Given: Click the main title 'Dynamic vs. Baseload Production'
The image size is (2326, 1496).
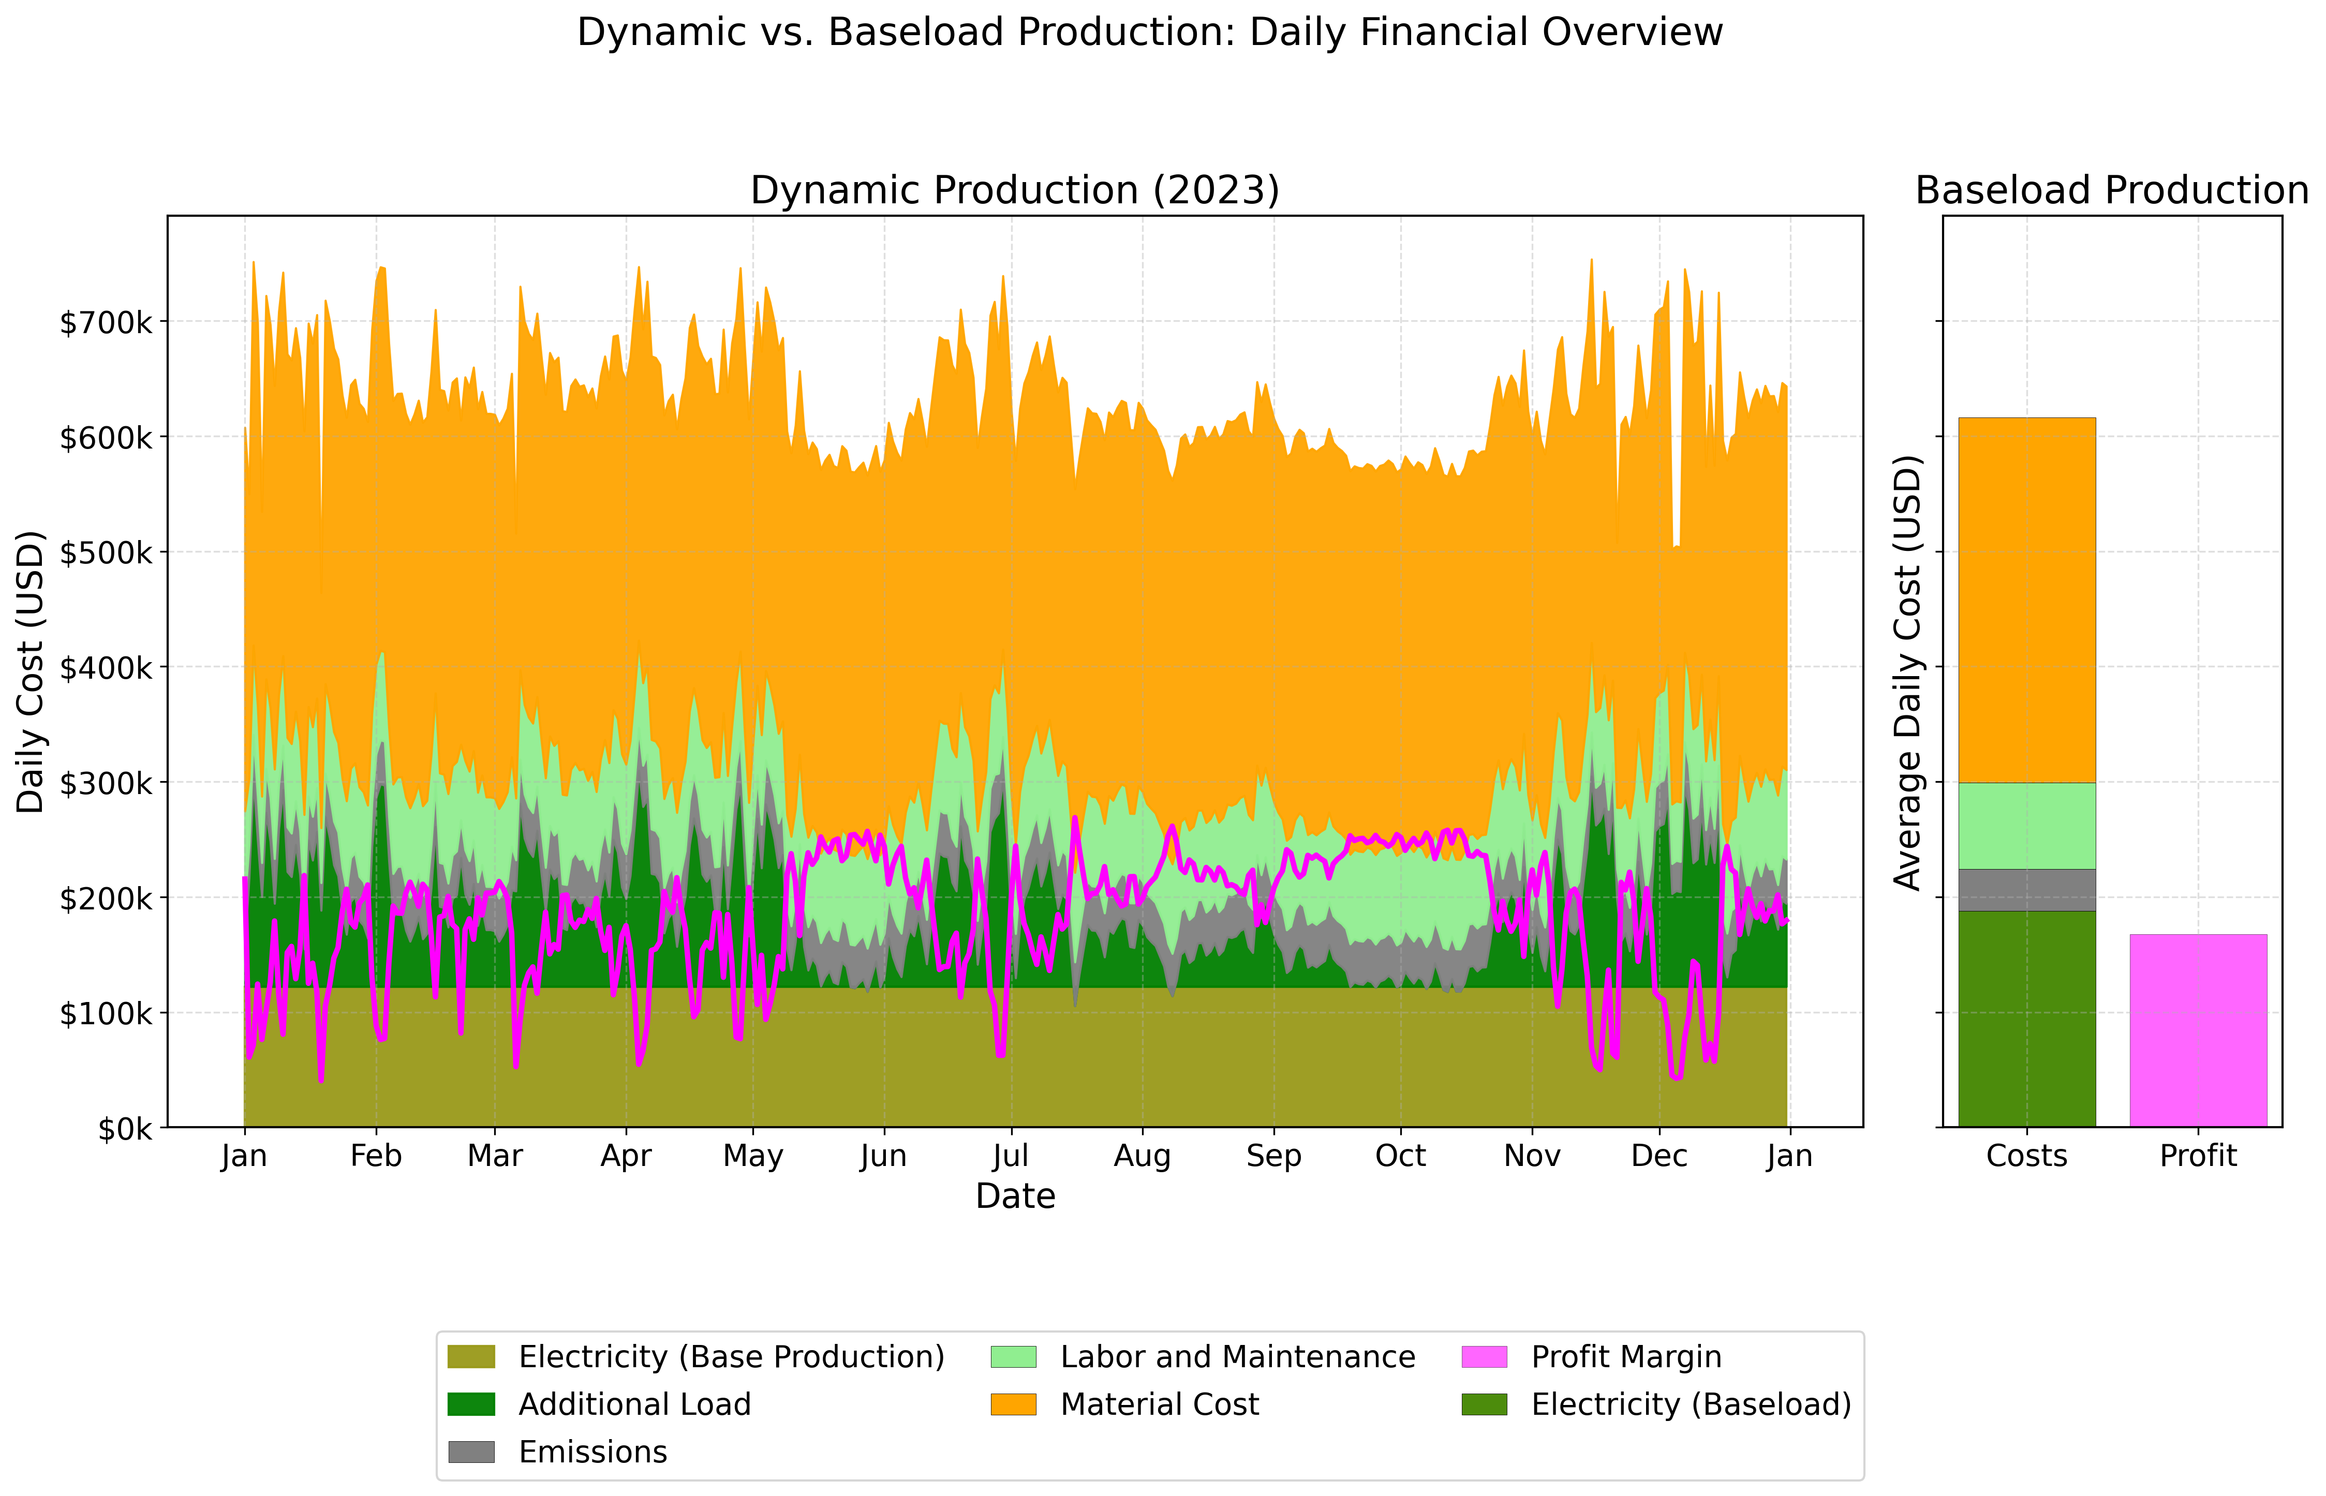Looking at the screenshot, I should (1149, 32).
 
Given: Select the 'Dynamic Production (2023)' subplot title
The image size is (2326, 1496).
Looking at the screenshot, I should (1014, 190).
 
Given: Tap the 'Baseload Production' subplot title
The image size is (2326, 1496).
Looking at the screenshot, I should (2111, 190).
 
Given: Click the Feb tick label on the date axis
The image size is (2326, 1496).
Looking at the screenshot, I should (376, 1156).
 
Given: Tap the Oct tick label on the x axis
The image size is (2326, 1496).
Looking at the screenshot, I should (1400, 1156).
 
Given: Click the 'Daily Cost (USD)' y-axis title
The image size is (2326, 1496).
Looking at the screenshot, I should (31, 672).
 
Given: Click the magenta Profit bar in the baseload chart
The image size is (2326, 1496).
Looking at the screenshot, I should (2198, 1030).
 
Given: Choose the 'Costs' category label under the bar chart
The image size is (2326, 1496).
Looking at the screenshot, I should (2027, 1156).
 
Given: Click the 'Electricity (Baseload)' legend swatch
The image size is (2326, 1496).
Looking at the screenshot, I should (1484, 1404).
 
